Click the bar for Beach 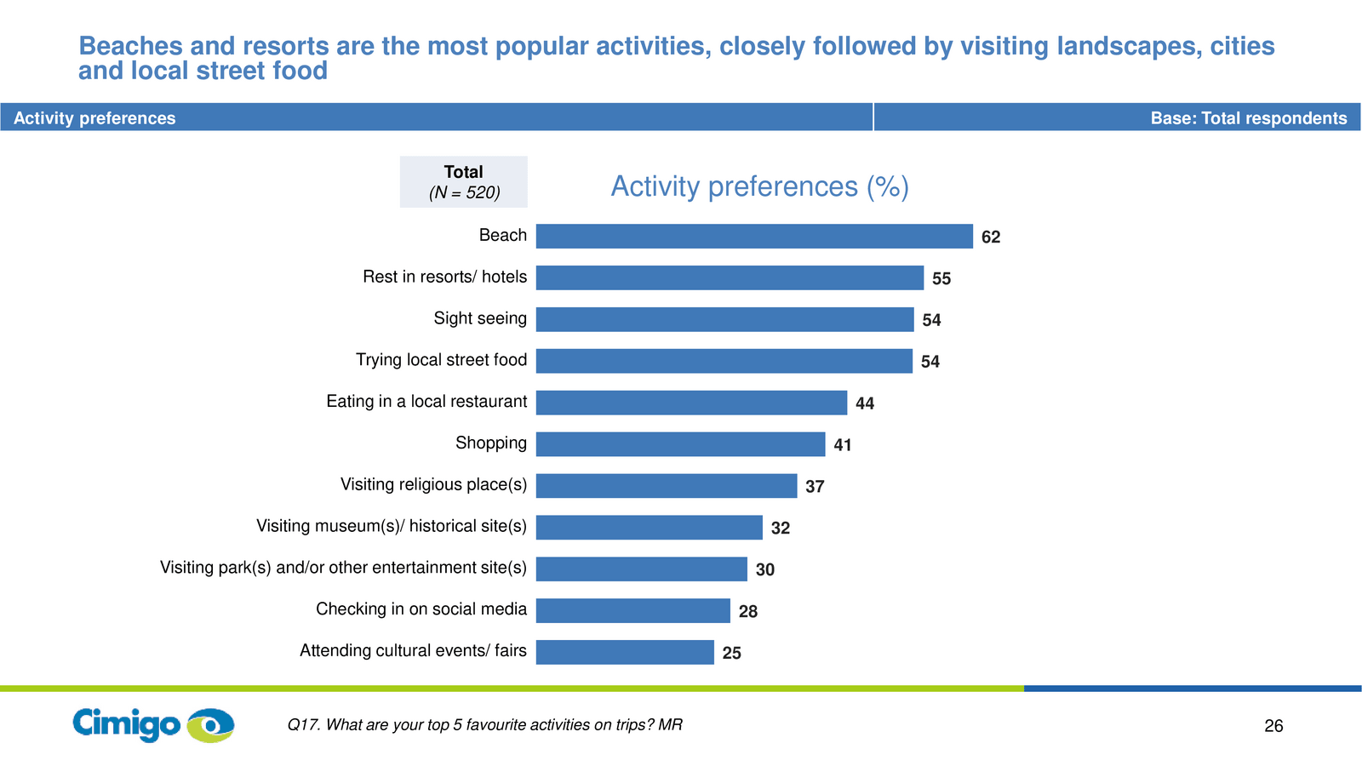[754, 236]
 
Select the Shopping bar [680, 443]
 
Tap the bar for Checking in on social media [633, 610]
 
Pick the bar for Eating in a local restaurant [691, 403]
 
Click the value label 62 [991, 237]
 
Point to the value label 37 [815, 486]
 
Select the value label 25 [731, 653]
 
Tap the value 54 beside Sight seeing [931, 320]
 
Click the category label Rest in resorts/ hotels [444, 277]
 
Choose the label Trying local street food [441, 360]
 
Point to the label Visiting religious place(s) [433, 484]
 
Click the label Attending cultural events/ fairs [413, 650]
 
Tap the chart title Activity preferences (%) [759, 186]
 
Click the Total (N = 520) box [463, 182]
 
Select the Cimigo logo [153, 724]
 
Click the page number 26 [1273, 726]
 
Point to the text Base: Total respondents [1248, 118]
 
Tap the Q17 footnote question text [484, 724]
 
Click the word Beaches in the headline [130, 46]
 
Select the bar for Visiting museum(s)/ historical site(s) [649, 527]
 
